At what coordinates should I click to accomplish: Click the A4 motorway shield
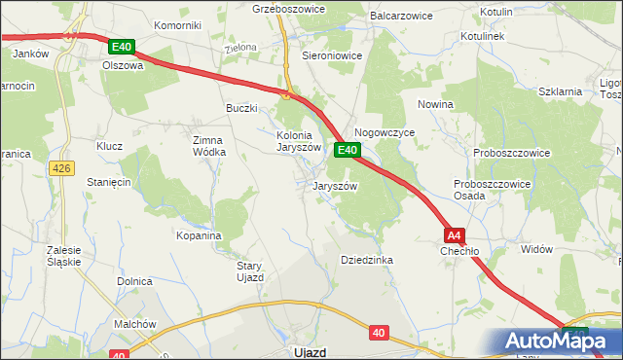coord(455,235)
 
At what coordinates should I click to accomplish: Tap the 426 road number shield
coord(61,168)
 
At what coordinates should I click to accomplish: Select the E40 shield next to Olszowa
coord(122,47)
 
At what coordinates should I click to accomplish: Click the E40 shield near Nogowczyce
coord(348,150)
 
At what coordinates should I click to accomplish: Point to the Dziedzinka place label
coord(366,260)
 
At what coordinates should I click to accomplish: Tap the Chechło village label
coord(459,250)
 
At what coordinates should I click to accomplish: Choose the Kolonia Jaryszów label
coord(298,141)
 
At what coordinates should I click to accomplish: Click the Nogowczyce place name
coord(385,131)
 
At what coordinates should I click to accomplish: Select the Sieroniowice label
coord(332,56)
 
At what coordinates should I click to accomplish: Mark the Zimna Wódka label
coord(208,146)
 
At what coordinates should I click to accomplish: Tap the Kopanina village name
coord(199,235)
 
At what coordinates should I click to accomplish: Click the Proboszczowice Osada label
coord(483,189)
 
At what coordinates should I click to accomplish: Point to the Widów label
coord(536,249)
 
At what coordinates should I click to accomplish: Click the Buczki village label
coord(241,108)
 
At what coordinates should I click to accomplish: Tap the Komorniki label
coord(176,24)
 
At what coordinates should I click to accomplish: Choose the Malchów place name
coord(134,324)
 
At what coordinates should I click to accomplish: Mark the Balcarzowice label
coord(399,17)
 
